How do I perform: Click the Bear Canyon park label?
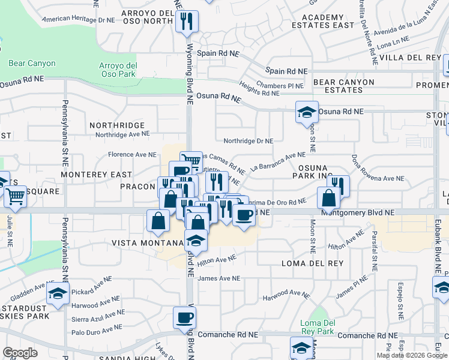tap(32, 63)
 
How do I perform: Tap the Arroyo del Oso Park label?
tap(119, 70)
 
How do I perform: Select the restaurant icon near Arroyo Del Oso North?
tap(187, 22)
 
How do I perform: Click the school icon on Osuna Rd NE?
tap(306, 112)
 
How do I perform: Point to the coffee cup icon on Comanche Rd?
tap(185, 317)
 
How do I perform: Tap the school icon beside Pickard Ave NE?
tap(58, 293)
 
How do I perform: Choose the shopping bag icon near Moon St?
tap(329, 198)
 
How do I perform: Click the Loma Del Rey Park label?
tap(316, 326)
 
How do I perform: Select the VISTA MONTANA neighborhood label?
tap(147, 243)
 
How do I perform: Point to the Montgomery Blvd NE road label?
tap(358, 212)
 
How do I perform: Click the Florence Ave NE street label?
tap(132, 154)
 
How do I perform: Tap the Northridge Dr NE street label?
tap(248, 141)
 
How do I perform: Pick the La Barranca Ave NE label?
tap(278, 160)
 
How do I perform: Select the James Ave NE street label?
tap(219, 278)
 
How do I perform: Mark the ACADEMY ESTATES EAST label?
tap(323, 22)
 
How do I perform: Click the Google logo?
tap(20, 353)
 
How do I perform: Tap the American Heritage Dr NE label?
tap(79, 20)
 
